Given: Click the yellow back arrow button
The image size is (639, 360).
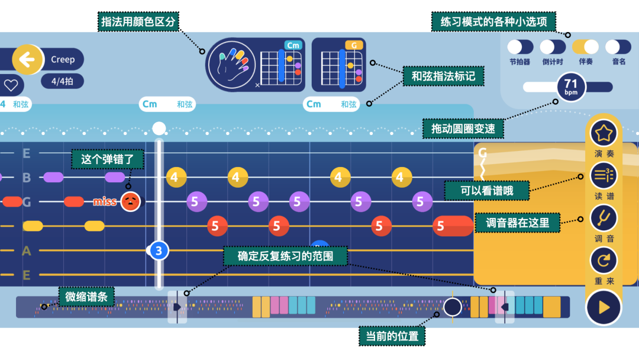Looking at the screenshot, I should pyautogui.click(x=28, y=59).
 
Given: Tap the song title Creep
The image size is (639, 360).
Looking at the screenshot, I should pyautogui.click(x=63, y=59).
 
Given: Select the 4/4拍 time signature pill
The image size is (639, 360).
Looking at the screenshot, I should pyautogui.click(x=62, y=81).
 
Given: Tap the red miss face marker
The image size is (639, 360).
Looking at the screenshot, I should pyautogui.click(x=130, y=202).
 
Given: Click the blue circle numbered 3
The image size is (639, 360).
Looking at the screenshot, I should pyautogui.click(x=159, y=250).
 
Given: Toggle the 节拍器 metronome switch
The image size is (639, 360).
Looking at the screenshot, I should pyautogui.click(x=520, y=47).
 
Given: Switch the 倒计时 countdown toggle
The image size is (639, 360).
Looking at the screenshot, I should pyautogui.click(x=553, y=47).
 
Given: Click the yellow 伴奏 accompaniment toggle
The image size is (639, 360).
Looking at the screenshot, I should pyautogui.click(x=585, y=47).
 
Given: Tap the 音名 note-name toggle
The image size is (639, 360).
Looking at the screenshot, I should pyautogui.click(x=618, y=47).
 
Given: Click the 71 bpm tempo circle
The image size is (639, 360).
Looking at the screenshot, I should pyautogui.click(x=571, y=87).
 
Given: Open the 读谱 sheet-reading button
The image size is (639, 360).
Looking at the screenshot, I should pyautogui.click(x=603, y=175).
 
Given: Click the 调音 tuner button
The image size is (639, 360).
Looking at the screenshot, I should pyautogui.click(x=603, y=218).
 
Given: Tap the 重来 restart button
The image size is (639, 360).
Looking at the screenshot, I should pyautogui.click(x=603, y=261).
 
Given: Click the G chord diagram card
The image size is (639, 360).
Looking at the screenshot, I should pyautogui.click(x=338, y=65).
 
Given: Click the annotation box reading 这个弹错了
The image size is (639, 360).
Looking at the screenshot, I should pyautogui.click(x=107, y=159).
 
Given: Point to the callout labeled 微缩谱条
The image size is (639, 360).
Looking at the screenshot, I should pyautogui.click(x=86, y=296).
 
